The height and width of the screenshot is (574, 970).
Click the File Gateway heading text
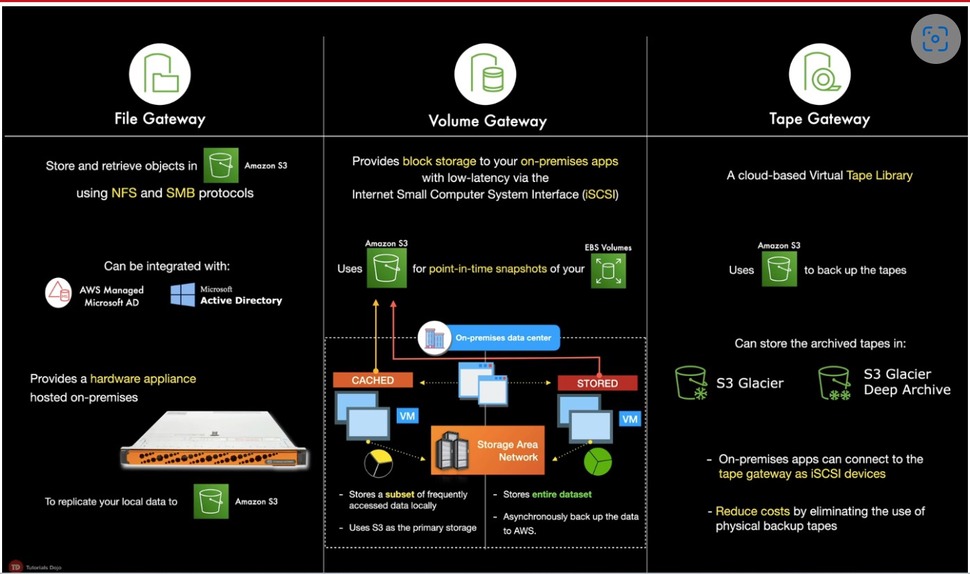tap(160, 118)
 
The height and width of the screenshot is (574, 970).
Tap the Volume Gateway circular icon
tap(485, 74)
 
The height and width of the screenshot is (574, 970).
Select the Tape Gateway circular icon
tap(820, 74)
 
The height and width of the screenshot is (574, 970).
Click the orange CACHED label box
tap(373, 380)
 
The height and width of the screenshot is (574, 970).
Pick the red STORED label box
tap(597, 383)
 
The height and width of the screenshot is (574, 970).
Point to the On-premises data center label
tap(502, 338)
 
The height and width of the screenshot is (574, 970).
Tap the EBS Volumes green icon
tap(609, 270)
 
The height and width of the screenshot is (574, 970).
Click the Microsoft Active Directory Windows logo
tap(183, 295)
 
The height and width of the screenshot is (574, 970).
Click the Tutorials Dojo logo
tap(15, 567)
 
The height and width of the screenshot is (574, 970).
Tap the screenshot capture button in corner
tap(935, 39)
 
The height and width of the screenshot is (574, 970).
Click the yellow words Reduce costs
tap(753, 511)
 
